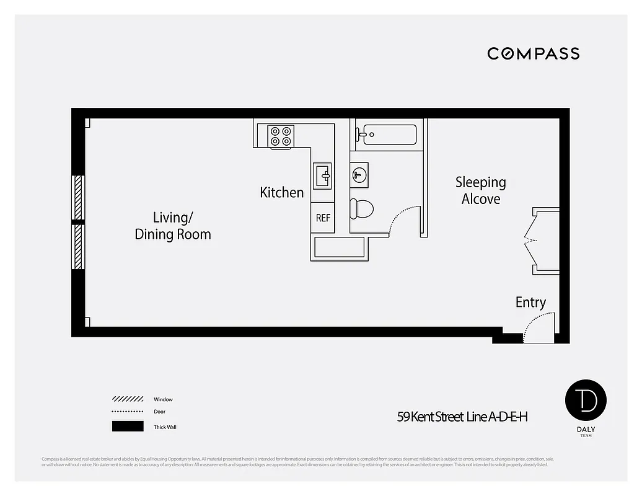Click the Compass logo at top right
(x=533, y=53)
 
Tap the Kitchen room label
(x=282, y=193)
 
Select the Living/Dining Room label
(x=173, y=226)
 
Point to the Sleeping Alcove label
(x=481, y=190)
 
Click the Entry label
(x=530, y=303)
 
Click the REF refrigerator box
(x=323, y=218)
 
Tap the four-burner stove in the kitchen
(x=281, y=136)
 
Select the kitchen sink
(x=322, y=175)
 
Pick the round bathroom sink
(x=359, y=174)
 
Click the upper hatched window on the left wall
(x=78, y=197)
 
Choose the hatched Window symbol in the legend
(x=128, y=399)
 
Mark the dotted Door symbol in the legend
(x=128, y=412)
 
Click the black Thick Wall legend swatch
(x=128, y=427)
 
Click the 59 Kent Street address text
(x=462, y=417)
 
